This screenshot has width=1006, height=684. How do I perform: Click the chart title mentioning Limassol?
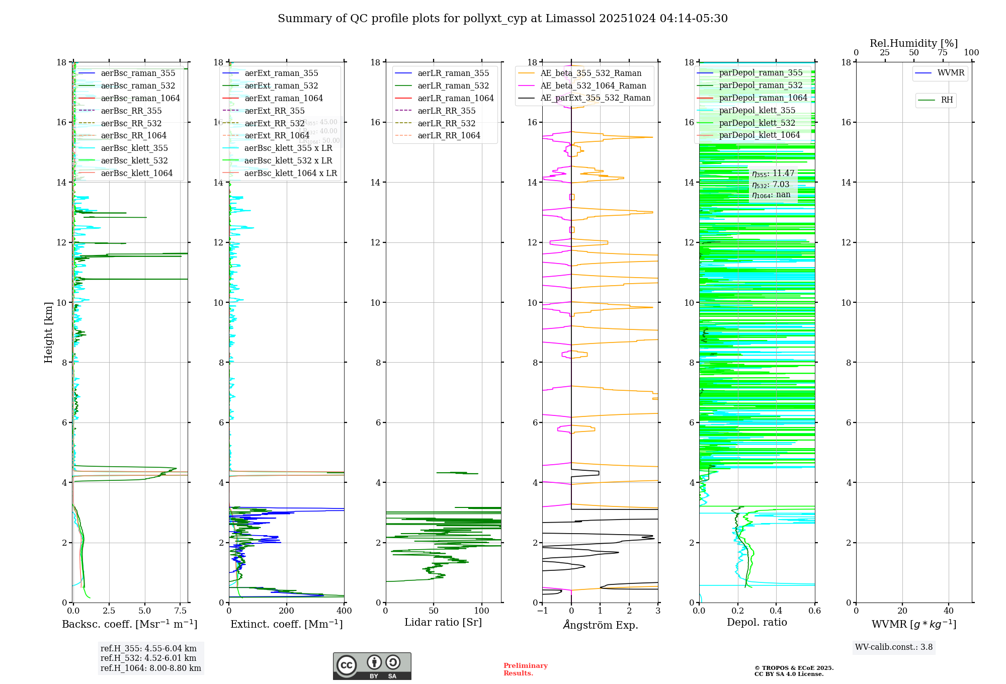pos(502,19)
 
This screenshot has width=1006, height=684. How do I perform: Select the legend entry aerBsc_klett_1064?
pos(136,173)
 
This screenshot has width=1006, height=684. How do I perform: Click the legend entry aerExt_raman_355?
pos(281,73)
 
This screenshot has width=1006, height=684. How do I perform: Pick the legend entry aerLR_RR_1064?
pos(449,135)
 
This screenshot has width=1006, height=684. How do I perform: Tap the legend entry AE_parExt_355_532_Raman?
pos(595,98)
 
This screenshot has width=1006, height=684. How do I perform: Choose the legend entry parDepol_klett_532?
pos(757,123)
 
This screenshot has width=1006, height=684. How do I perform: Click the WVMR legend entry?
pos(951,73)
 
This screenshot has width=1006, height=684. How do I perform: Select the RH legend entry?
pos(947,100)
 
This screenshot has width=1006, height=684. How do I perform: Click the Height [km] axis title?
pos(48,332)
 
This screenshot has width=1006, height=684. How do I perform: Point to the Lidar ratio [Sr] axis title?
pos(443,622)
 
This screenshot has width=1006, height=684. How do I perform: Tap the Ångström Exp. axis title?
pos(600,625)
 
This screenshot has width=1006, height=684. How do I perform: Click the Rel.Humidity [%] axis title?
pos(913,43)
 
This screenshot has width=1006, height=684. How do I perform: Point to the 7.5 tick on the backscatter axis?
pos(181,611)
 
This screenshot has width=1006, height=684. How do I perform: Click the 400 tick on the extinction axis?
pos(344,611)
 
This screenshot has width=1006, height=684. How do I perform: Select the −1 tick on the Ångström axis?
pos(542,611)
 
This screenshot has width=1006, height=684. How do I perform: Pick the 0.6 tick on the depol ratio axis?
pos(814,611)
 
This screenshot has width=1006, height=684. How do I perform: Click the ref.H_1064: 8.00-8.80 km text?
pos(150,668)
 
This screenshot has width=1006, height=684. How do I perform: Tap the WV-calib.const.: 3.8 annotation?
pos(894,647)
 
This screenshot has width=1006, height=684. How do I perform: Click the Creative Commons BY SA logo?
pos(372,666)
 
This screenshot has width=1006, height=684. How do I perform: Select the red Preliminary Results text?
pos(525,669)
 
